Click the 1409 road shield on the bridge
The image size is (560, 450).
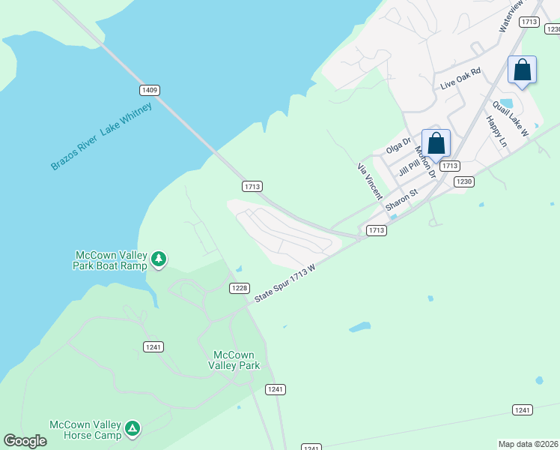pyautogui.click(x=149, y=90)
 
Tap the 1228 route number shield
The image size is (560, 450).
pyautogui.click(x=239, y=289)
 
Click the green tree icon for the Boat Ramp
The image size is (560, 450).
pyautogui.click(x=158, y=259)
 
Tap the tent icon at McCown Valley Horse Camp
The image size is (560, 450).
pyautogui.click(x=133, y=428)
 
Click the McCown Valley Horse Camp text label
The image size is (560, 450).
pyautogui.click(x=85, y=429)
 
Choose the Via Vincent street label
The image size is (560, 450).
pyautogui.click(x=370, y=180)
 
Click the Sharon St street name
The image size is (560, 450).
pyautogui.click(x=401, y=200)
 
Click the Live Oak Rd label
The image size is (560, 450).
pyautogui.click(x=460, y=78)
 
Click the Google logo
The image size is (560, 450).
pyautogui.click(x=25, y=441)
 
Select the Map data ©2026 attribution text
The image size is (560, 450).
pyautogui.click(x=529, y=443)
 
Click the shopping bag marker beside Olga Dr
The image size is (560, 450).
pyautogui.click(x=436, y=143)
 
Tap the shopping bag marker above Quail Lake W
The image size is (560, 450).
pyautogui.click(x=522, y=70)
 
